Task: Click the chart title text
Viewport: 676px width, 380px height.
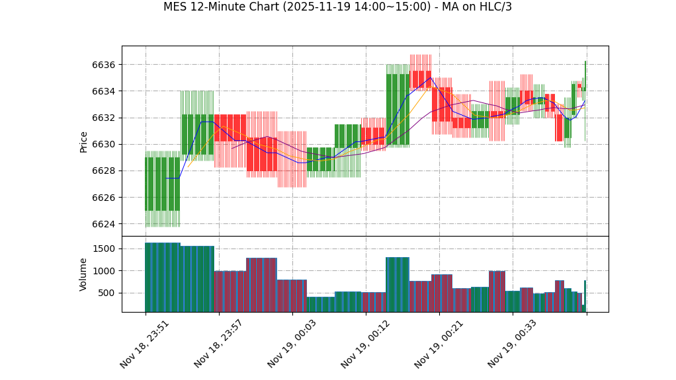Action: coord(337,7)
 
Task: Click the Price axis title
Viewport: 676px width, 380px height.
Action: coord(84,141)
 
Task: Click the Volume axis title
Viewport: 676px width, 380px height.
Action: coord(84,274)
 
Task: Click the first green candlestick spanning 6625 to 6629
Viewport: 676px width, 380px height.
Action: coord(162,184)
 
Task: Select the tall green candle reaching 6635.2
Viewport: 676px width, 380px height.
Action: coord(398,109)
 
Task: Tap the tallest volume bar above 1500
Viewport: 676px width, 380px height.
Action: coord(162,277)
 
